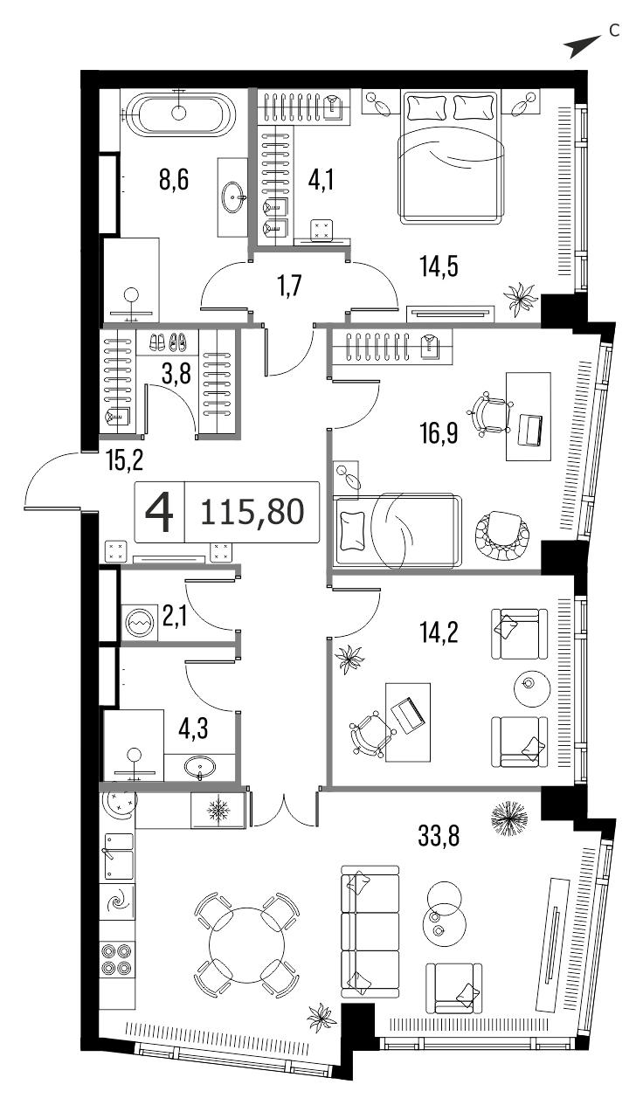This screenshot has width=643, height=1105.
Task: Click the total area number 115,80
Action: click(252, 512)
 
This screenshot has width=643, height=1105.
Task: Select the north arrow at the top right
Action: click(582, 46)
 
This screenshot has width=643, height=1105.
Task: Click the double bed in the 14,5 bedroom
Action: click(451, 157)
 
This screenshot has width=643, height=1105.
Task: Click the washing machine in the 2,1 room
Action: click(139, 623)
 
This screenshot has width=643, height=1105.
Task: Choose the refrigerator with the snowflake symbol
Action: click(218, 810)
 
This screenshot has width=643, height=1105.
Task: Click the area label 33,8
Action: click(439, 836)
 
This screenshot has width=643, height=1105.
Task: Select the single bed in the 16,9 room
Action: click(398, 530)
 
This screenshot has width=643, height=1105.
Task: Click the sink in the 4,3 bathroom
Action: click(200, 767)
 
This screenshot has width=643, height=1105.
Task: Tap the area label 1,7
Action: click(290, 286)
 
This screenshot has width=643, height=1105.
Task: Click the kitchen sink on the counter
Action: click(116, 857)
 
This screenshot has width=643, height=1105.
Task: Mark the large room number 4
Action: click(159, 512)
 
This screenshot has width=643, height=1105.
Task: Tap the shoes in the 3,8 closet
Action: click(167, 342)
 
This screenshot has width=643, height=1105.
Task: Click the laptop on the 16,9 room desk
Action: click(529, 430)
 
